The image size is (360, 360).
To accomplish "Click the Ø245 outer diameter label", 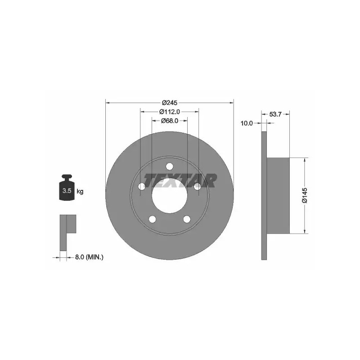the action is point(170,103).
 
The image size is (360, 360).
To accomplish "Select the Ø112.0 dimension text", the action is point(170,112).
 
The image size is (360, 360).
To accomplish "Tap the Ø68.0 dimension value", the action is point(170,121).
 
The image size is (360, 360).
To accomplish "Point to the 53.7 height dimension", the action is point(275,114).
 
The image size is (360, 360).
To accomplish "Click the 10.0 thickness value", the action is point(247,123).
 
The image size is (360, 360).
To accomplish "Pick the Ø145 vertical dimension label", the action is point(305,195).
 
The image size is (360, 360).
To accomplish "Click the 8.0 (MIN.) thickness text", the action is point(89,257).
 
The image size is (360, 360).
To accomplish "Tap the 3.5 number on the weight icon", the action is point(67,190).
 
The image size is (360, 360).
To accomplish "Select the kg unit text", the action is point(80,191).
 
